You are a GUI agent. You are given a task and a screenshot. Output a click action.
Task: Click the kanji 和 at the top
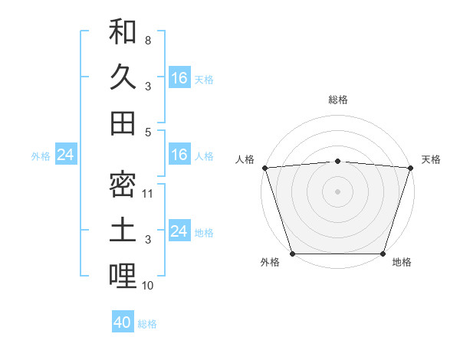(123, 33)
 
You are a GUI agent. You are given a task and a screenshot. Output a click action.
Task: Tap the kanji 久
(123, 77)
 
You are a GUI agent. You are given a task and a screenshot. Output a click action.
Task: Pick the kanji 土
(123, 230)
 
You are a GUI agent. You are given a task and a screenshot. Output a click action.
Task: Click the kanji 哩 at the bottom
(123, 275)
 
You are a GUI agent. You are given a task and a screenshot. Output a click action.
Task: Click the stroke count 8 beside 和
(147, 40)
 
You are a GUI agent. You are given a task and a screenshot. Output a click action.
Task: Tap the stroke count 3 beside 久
(147, 86)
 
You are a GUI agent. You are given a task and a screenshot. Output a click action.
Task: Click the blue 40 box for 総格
(123, 322)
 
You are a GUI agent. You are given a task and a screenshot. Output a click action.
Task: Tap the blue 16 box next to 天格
(179, 77)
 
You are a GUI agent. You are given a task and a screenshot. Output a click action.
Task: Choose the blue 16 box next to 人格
(179, 155)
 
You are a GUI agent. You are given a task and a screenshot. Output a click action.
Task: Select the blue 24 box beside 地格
(179, 231)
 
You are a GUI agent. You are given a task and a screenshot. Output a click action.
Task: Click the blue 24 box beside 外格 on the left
(65, 155)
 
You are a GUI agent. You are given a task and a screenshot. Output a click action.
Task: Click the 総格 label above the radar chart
(337, 100)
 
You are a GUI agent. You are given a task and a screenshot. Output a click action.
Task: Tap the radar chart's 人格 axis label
(245, 160)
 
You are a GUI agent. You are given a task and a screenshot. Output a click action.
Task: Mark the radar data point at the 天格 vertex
(410, 168)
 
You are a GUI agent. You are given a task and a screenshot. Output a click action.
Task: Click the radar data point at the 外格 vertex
(293, 254)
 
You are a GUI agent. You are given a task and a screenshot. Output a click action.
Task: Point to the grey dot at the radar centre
(337, 191)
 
